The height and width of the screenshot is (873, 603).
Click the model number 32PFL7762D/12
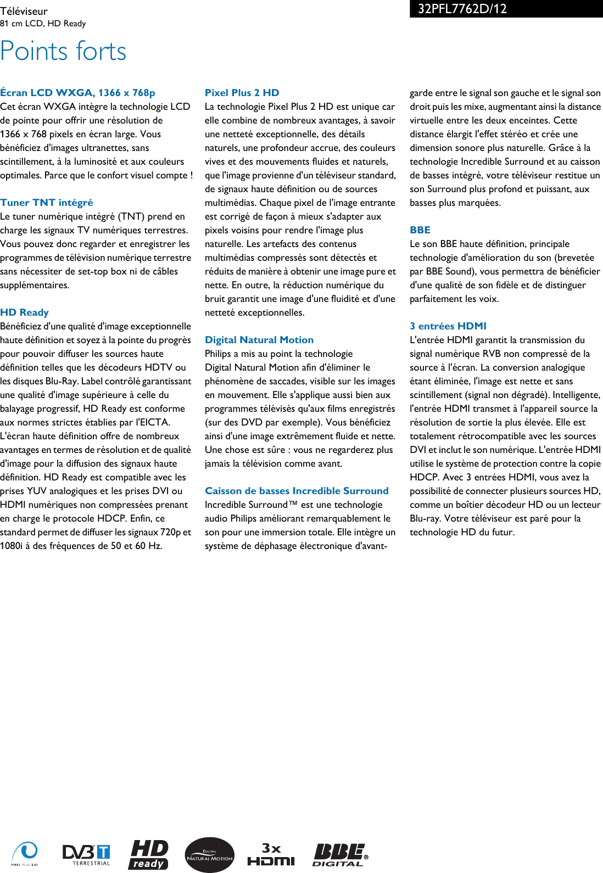pos(462,9)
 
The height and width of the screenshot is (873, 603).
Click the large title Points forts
pos(63,51)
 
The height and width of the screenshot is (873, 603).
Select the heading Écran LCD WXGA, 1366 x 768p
pos(77,93)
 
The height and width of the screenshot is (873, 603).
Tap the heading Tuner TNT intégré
pos(47,203)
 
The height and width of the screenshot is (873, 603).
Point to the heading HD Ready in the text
pos(24,312)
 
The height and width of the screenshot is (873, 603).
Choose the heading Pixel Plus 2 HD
pos(242,93)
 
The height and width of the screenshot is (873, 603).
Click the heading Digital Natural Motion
pos(259,340)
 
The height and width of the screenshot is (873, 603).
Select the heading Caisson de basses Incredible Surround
pos(297,491)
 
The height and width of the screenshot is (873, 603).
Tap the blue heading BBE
pos(420,230)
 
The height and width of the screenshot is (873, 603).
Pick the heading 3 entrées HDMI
pos(448,326)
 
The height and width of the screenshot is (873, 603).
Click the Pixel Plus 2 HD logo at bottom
pos(25,854)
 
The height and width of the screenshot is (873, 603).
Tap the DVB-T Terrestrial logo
pos(86,854)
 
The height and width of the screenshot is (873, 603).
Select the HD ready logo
pos(149,854)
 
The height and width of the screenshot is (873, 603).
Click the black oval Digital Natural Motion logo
pos(209,855)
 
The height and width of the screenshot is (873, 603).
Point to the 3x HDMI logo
pos(271,854)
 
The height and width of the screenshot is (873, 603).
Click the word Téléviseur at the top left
pos(24,11)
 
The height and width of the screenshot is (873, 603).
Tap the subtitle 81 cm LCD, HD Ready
pos(43,24)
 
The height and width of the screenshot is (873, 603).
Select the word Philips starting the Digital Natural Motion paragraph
pos(217,354)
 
